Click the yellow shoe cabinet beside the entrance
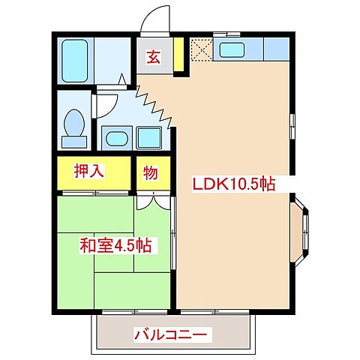(178, 54)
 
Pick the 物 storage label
(151, 173)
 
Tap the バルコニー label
(169, 334)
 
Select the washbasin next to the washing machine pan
(116, 137)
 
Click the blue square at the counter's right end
(276, 50)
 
